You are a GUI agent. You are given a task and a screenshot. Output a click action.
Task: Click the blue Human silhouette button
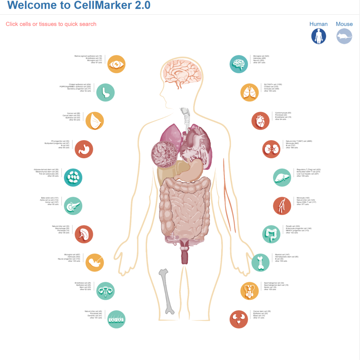click(319, 36)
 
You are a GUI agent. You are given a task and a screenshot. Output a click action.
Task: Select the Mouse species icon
click(344, 36)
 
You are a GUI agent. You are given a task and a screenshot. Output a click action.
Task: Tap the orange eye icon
click(116, 64)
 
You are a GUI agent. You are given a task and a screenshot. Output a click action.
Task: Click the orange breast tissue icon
click(95, 121)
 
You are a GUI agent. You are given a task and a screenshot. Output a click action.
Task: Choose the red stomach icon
click(84, 149)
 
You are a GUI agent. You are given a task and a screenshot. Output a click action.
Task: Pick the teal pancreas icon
click(73, 206)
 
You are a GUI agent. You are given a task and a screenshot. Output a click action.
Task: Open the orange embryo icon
click(95, 262)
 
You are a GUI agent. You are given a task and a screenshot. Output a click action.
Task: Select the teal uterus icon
click(105, 291)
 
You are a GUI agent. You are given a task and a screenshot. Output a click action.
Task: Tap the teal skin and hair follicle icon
click(116, 319)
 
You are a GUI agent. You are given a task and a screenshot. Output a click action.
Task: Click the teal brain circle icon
click(239, 64)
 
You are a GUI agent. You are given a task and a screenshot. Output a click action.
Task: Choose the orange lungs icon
click(249, 92)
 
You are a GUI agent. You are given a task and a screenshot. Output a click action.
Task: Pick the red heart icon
click(260, 121)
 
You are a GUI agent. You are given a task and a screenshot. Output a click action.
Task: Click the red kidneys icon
click(271, 149)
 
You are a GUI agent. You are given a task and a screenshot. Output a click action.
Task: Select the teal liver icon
click(282, 178)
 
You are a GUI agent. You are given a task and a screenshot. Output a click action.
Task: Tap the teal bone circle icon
click(260, 262)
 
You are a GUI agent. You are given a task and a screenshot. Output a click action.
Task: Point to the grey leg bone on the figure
click(166, 291)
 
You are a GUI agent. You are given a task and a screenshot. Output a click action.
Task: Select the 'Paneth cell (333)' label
click(293, 226)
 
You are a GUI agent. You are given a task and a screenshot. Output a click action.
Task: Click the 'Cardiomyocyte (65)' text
click(283, 113)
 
